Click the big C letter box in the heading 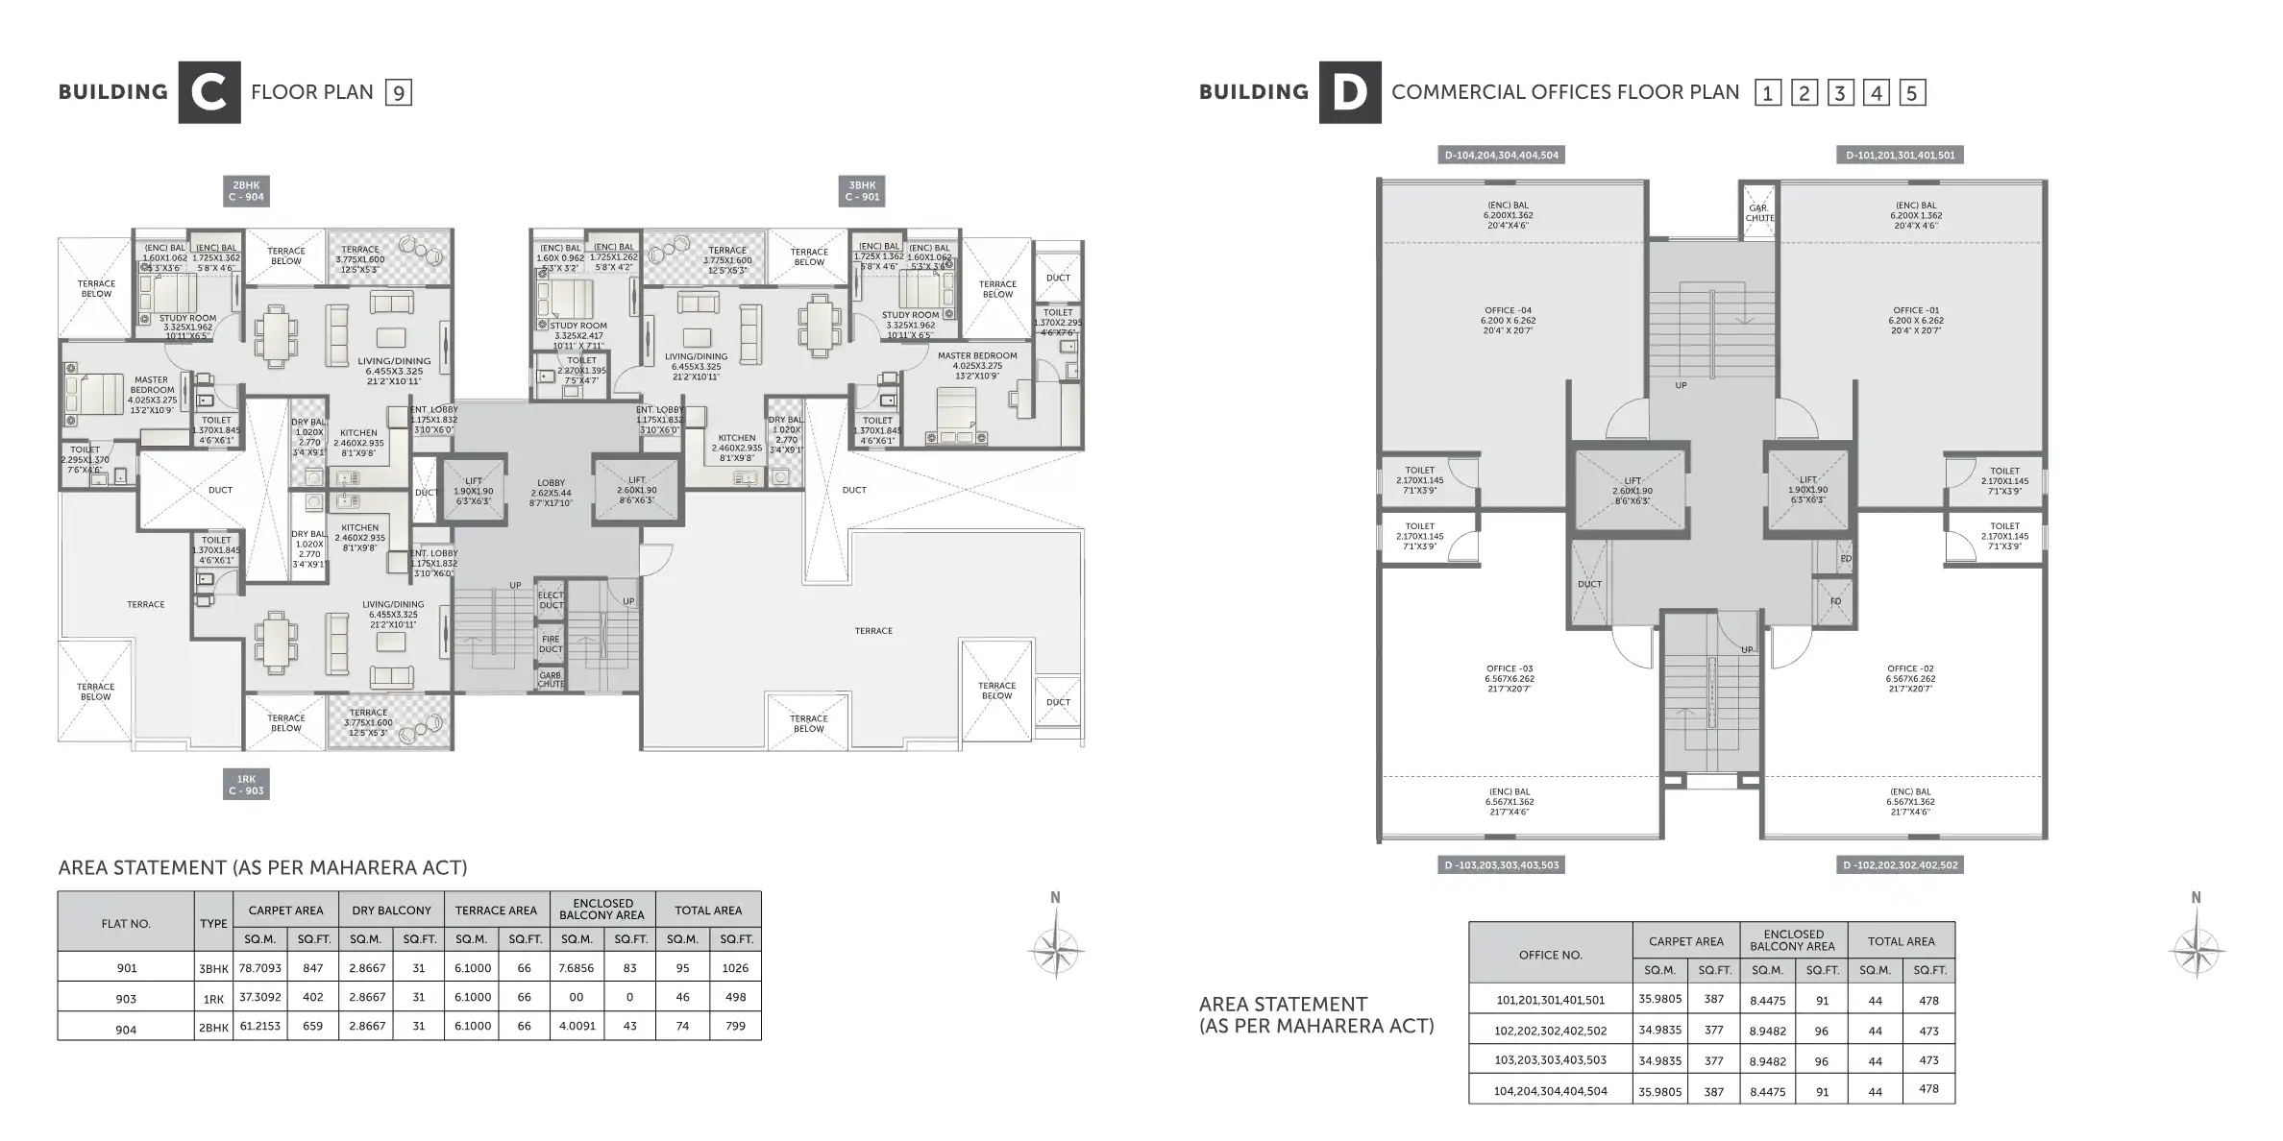tap(209, 92)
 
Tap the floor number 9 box tap(398, 93)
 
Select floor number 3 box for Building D tap(1839, 93)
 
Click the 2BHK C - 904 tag tap(246, 191)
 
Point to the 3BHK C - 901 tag tap(862, 191)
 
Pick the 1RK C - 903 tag tap(246, 785)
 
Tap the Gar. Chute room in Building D tap(1758, 212)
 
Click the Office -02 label tap(1910, 678)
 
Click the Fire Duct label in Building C tap(551, 643)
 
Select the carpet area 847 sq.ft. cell tap(313, 968)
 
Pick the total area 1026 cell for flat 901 tap(735, 968)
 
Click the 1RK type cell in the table tap(213, 999)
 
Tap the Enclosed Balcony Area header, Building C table tap(602, 909)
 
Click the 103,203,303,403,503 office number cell tap(1550, 1060)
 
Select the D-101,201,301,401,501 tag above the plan tap(1900, 155)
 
